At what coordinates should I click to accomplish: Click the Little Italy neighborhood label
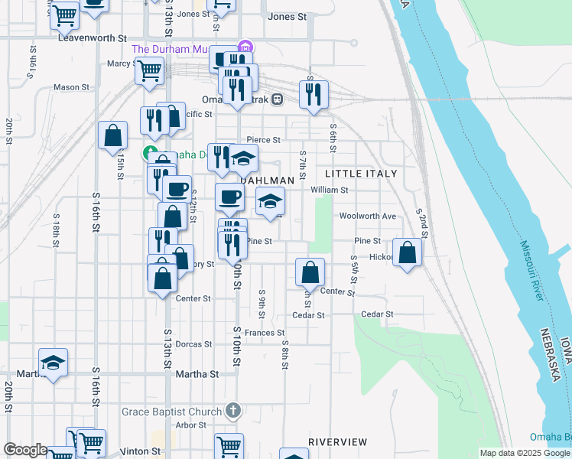[361, 174]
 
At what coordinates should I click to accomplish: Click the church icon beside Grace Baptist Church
[234, 412]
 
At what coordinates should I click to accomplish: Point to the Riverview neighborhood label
[338, 442]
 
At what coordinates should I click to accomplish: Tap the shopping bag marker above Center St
[310, 272]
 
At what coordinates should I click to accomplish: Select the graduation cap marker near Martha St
[54, 363]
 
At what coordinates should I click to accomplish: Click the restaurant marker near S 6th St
[314, 95]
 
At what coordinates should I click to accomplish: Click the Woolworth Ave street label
[368, 216]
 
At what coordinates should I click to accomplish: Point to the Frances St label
[265, 333]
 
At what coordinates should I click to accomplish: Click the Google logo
[24, 450]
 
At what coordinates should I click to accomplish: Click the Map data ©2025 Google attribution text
[524, 453]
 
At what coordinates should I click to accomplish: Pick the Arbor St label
[191, 425]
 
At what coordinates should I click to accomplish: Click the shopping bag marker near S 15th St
[113, 136]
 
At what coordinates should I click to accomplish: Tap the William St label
[330, 190]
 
